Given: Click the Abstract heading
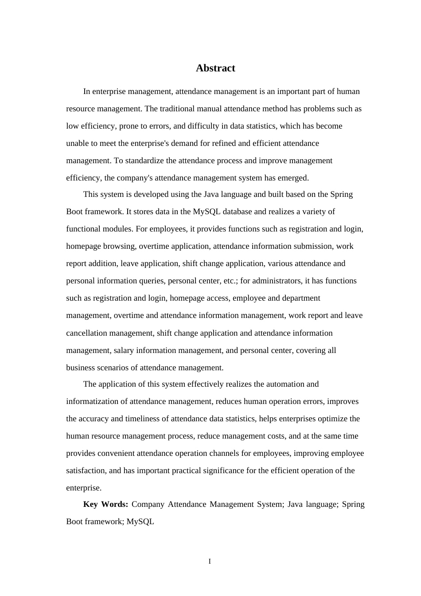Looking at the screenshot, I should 215,68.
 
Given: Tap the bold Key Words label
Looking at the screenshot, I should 105,504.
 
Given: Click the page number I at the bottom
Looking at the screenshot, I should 210,562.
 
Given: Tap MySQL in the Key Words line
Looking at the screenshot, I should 140,521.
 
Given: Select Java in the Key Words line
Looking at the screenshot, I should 295,504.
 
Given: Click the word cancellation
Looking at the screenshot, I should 86,333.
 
